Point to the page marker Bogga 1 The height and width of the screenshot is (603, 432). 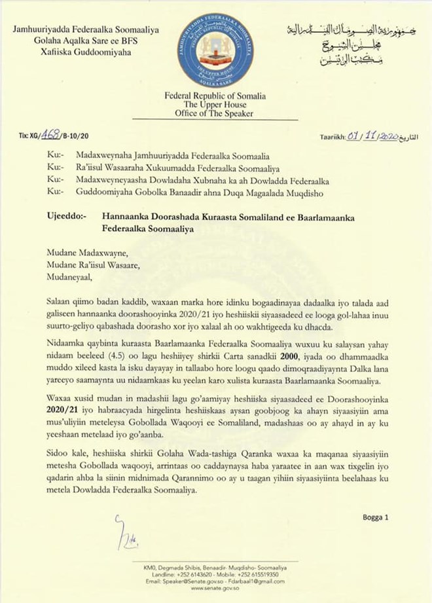click(x=375, y=517)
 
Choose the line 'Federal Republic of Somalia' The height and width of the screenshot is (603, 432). click(x=215, y=96)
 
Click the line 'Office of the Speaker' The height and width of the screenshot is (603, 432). click(x=215, y=113)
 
